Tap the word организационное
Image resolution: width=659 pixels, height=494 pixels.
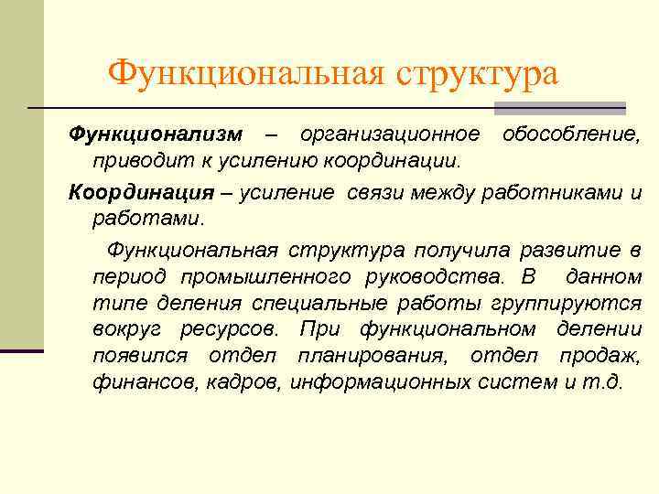point(389,135)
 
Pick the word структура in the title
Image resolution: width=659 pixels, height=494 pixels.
point(477,74)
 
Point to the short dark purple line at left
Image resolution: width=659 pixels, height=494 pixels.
point(22,350)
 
